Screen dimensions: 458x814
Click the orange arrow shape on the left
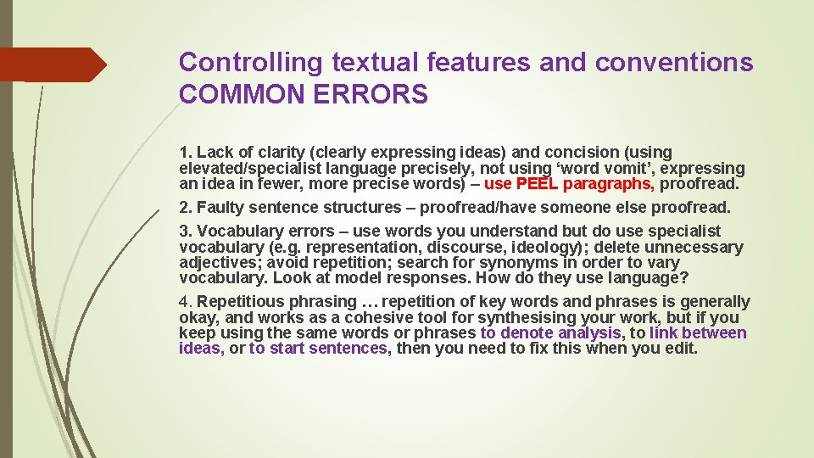(x=51, y=64)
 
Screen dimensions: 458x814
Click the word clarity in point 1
(x=280, y=153)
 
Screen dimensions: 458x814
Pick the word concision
(x=580, y=153)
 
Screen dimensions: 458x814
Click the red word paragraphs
(x=608, y=183)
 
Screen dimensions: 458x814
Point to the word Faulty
(x=221, y=207)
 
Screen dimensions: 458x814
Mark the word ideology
(x=551, y=247)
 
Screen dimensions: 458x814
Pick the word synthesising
(x=487, y=317)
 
